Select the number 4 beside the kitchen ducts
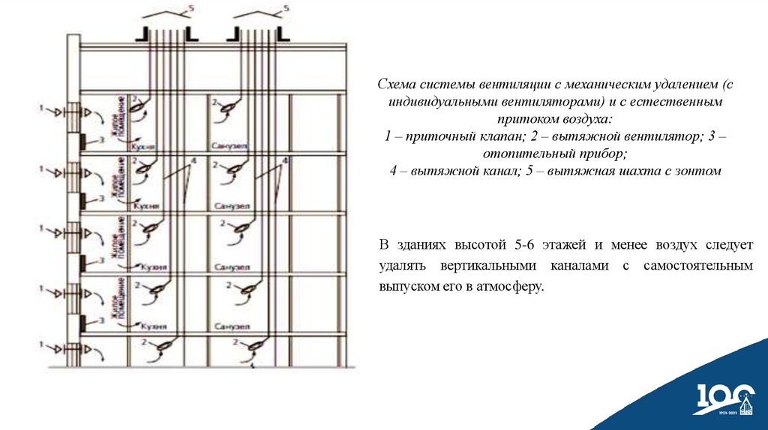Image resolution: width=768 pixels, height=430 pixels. point(193,161)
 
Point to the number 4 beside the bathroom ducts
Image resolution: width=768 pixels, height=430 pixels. point(285,161)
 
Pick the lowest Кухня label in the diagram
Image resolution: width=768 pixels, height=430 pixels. point(152,327)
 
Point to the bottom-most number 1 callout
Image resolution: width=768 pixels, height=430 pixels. point(43,344)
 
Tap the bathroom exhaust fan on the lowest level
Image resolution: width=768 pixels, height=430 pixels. point(256,345)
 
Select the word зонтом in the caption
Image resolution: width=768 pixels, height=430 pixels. point(697,171)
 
